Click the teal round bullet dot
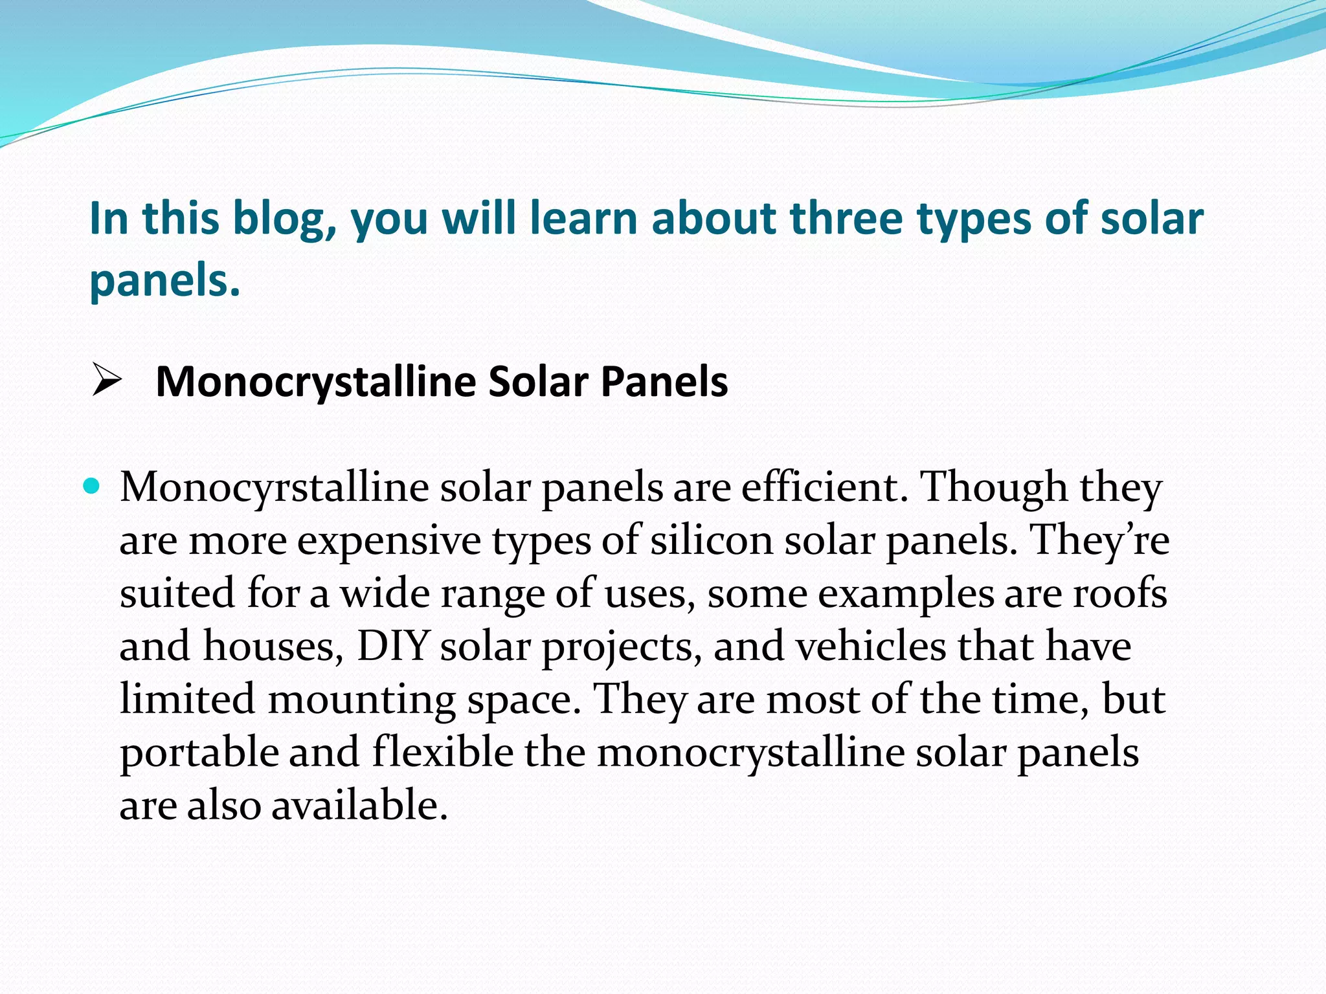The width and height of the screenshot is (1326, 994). pos(93,485)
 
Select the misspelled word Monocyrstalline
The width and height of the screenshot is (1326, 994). pos(274,487)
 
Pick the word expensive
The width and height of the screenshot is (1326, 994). pos(389,541)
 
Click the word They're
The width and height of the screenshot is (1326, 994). pos(1099,540)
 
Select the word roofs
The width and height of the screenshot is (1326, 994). pos(1120,593)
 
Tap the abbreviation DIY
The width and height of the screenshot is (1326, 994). pos(393,646)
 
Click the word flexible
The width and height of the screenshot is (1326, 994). pos(443,752)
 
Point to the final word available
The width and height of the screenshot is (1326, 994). pos(359,806)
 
